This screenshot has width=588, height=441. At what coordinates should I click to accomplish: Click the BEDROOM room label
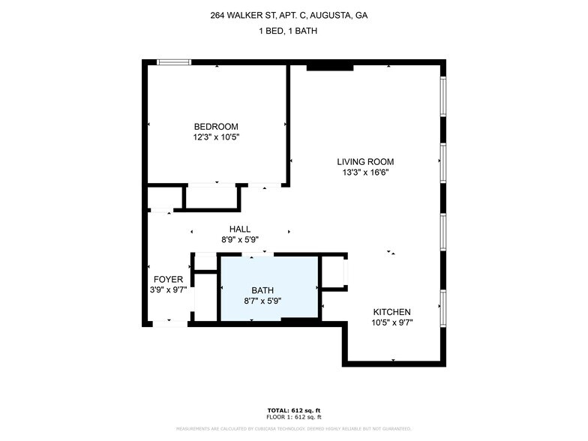pyautogui.click(x=216, y=127)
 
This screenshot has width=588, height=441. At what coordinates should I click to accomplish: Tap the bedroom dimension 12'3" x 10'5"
pyautogui.click(x=216, y=137)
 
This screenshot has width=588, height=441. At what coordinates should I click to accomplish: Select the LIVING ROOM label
pyautogui.click(x=364, y=162)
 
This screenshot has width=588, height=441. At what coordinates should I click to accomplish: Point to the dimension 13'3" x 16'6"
pyautogui.click(x=364, y=172)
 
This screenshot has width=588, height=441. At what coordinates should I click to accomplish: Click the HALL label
pyautogui.click(x=240, y=229)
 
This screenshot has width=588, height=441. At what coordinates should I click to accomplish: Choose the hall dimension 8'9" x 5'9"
pyautogui.click(x=240, y=240)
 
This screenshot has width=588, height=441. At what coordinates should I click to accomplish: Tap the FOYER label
pyautogui.click(x=168, y=280)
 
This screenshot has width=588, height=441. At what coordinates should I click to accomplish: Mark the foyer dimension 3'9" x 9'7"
pyautogui.click(x=168, y=290)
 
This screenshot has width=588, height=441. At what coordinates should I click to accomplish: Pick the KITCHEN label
pyautogui.click(x=392, y=312)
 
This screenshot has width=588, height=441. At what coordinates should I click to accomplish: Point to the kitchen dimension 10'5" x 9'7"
pyautogui.click(x=392, y=322)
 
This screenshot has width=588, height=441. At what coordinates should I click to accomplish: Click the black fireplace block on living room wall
pyautogui.click(x=329, y=67)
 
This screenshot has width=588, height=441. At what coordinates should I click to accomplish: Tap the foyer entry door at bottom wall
pyautogui.click(x=169, y=323)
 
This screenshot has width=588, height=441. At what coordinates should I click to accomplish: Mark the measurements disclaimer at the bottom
pyautogui.click(x=294, y=429)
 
